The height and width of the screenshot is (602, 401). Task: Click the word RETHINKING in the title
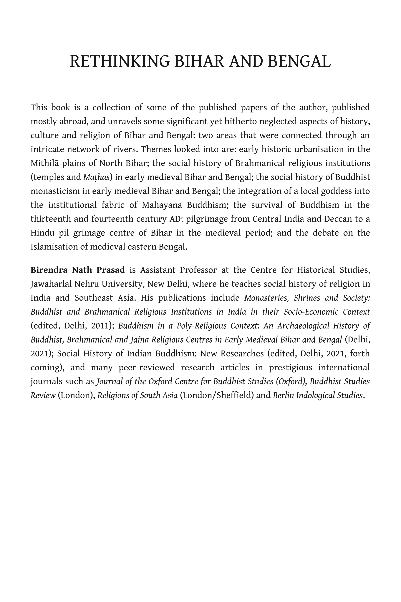(x=120, y=62)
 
